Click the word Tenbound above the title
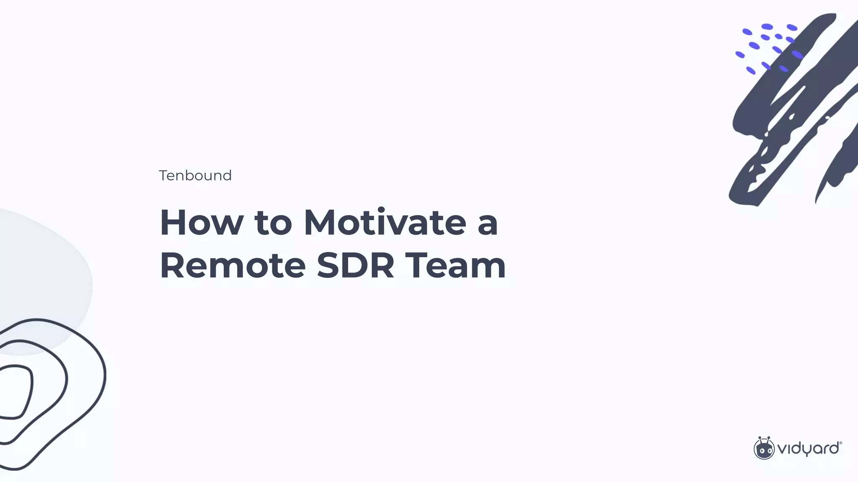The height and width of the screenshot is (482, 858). pyautogui.click(x=195, y=175)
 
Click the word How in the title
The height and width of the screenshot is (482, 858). pyautogui.click(x=202, y=223)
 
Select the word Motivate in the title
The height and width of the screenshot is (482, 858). pyautogui.click(x=385, y=223)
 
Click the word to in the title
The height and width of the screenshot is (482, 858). pyautogui.click(x=273, y=223)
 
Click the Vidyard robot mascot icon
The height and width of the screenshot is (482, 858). pyautogui.click(x=764, y=449)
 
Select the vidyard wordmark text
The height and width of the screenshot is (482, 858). pyautogui.click(x=808, y=449)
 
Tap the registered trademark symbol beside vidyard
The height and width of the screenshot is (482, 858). pyautogui.click(x=840, y=443)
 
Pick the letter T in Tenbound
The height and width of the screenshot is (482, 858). pyautogui.click(x=163, y=175)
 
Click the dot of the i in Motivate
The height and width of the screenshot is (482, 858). pyautogui.click(x=381, y=210)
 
